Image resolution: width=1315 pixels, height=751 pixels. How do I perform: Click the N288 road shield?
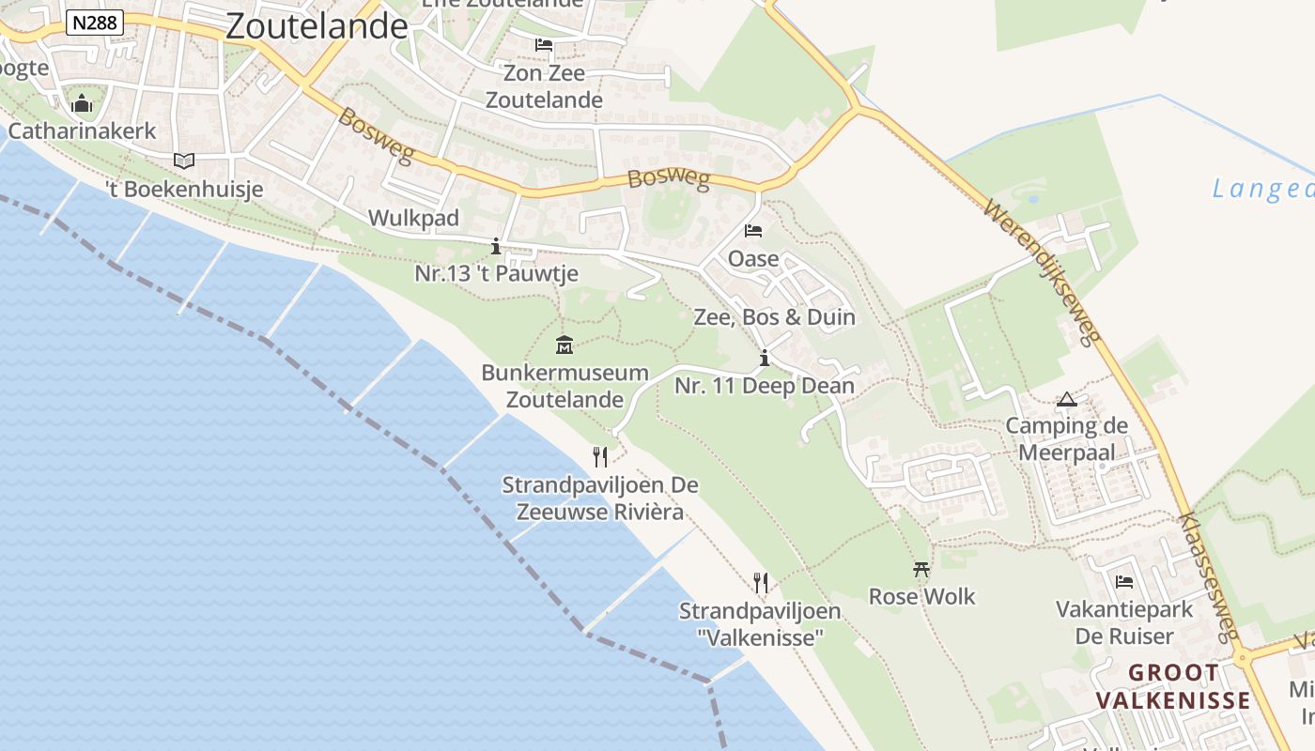(95, 23)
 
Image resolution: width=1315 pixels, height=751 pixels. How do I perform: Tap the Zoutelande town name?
(317, 25)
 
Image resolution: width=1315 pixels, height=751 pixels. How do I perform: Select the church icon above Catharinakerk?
(83, 102)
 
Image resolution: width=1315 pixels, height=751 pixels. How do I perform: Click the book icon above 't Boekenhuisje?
(184, 161)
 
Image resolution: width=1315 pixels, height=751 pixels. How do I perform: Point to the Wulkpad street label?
(413, 218)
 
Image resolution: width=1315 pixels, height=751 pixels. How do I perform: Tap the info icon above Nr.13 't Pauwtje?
(496, 247)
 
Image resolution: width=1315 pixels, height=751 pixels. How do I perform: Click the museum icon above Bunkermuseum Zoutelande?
(565, 345)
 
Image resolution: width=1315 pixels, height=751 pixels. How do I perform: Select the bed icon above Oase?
(753, 230)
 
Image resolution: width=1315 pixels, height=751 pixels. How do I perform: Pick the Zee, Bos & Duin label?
(774, 317)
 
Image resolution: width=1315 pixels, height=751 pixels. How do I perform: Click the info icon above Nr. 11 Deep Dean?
(765, 358)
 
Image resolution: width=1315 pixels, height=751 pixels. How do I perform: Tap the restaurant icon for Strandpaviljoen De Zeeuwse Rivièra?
(600, 457)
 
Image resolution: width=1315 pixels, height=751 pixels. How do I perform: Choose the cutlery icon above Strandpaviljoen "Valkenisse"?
(761, 583)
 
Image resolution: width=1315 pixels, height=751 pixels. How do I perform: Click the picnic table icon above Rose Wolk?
(921, 569)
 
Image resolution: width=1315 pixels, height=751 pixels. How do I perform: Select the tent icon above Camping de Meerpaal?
(1066, 400)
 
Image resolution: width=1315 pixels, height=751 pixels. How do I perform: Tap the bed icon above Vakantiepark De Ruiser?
(1124, 582)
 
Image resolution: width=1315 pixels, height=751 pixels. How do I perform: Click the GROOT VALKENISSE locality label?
(1173, 686)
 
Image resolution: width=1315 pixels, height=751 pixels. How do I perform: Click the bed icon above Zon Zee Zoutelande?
(544, 44)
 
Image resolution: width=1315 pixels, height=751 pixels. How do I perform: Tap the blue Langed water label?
(1262, 190)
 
